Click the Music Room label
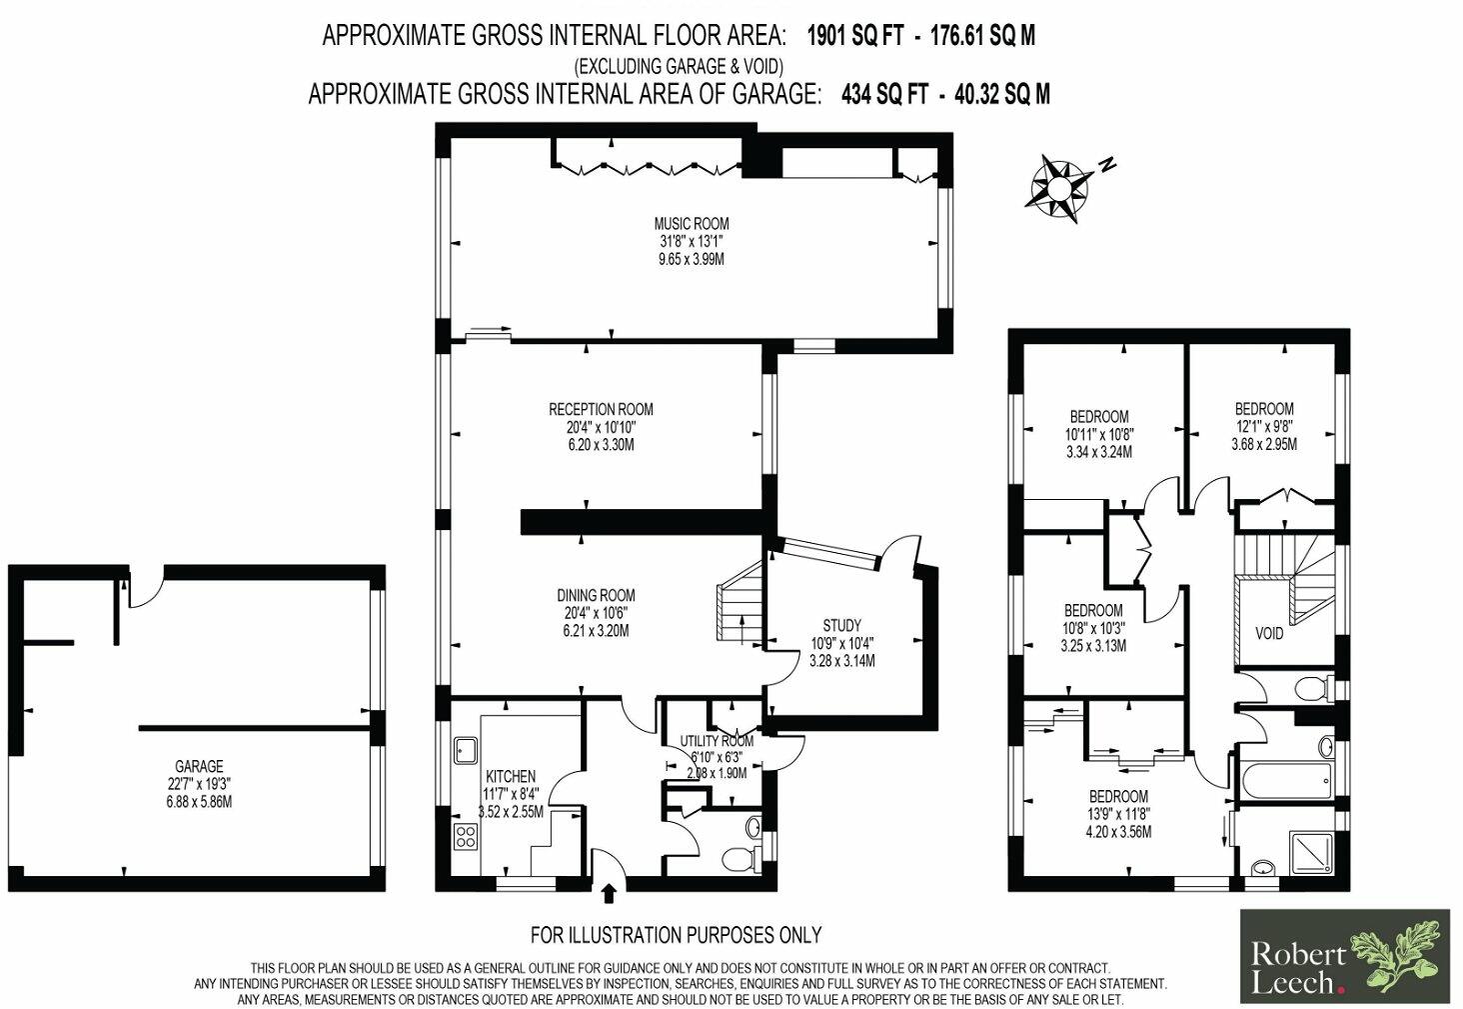pyautogui.click(x=692, y=224)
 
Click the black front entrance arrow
pyautogui.click(x=609, y=891)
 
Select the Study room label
pyautogui.click(x=842, y=626)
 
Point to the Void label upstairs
pyautogui.click(x=1269, y=634)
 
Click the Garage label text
pyautogui.click(x=199, y=767)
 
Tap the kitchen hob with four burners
pyautogui.click(x=466, y=836)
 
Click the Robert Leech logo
pyautogui.click(x=1345, y=956)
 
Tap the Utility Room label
pyautogui.click(x=717, y=741)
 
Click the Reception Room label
pyautogui.click(x=601, y=409)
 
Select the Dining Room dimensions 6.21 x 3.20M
pyautogui.click(x=597, y=631)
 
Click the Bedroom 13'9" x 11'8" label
pyautogui.click(x=1118, y=797)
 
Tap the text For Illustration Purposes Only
pyautogui.click(x=676, y=935)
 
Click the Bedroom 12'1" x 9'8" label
pyautogui.click(x=1264, y=409)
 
